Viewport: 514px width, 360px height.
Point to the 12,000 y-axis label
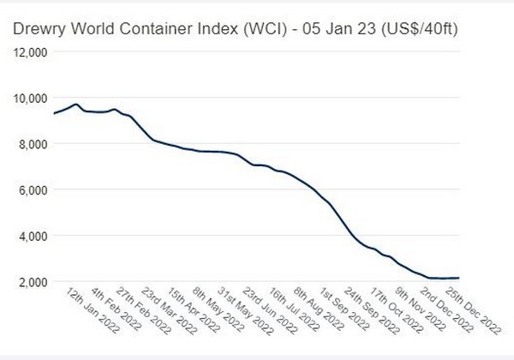coord(32,51)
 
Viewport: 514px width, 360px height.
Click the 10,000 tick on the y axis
coord(32,98)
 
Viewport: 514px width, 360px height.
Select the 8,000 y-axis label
coord(34,143)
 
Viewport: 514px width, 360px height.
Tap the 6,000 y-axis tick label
coord(34,189)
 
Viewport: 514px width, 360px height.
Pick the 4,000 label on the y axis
coord(34,235)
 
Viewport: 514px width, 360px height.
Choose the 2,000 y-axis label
coord(34,281)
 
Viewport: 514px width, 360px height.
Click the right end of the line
coord(460,278)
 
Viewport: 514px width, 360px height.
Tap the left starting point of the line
coord(54,113)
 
